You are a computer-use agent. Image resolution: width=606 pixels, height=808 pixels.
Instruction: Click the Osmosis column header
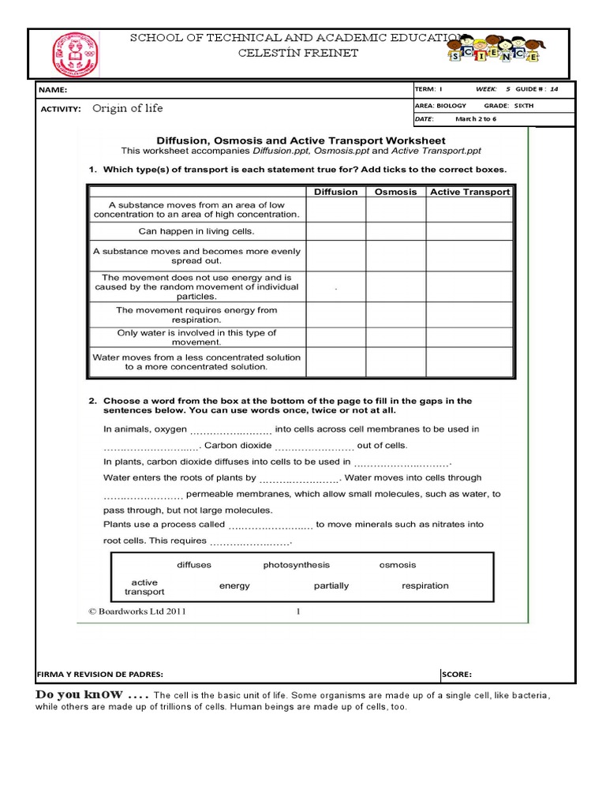pyautogui.click(x=395, y=192)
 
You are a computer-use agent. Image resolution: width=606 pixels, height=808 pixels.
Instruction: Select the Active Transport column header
pyautogui.click(x=469, y=192)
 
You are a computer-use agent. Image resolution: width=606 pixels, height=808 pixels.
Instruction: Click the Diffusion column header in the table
pyautogui.click(x=335, y=192)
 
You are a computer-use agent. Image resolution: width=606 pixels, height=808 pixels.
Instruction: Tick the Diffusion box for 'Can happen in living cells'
pyautogui.click(x=335, y=231)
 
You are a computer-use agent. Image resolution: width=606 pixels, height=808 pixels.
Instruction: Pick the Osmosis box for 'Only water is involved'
pyautogui.click(x=395, y=338)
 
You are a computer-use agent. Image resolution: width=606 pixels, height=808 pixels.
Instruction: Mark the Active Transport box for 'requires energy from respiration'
pyautogui.click(x=469, y=316)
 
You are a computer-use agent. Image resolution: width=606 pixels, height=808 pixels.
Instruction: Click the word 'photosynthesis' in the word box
pyautogui.click(x=297, y=565)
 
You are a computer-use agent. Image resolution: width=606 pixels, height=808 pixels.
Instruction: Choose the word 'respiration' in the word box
pyautogui.click(x=425, y=585)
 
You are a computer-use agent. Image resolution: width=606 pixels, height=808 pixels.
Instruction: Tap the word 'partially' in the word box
pyautogui.click(x=331, y=585)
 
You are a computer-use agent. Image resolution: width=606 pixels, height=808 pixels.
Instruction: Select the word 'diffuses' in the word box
pyautogui.click(x=194, y=565)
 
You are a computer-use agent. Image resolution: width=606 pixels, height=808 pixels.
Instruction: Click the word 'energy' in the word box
pyautogui.click(x=234, y=585)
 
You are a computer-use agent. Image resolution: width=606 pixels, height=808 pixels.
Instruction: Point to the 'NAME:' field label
pyautogui.click(x=55, y=90)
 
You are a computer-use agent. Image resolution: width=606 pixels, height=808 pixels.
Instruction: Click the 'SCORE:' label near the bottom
pyautogui.click(x=457, y=674)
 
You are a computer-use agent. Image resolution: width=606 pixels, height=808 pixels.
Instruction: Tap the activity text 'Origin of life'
pyautogui.click(x=128, y=108)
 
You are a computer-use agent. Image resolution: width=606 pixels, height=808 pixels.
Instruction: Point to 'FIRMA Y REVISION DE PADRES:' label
pyautogui.click(x=100, y=674)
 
